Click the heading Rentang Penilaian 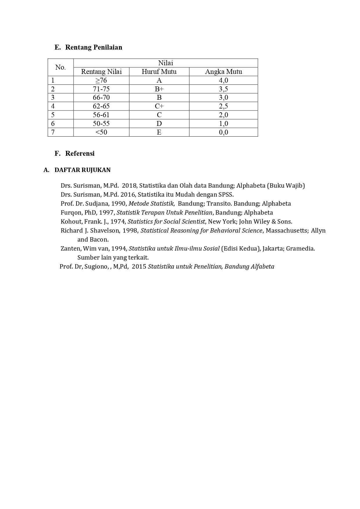coord(93,47)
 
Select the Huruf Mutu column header coord(159,72)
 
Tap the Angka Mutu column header coord(223,72)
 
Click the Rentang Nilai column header coord(101,72)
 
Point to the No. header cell coord(60,67)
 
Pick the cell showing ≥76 coord(101,80)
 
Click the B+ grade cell coord(159,89)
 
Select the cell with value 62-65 coord(101,106)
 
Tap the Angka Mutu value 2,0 coord(223,115)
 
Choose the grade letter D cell coord(159,124)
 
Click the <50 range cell coord(101,132)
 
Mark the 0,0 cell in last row coord(223,132)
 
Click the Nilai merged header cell coord(165,63)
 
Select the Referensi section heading coord(80,153)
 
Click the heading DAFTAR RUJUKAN coord(82,170)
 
